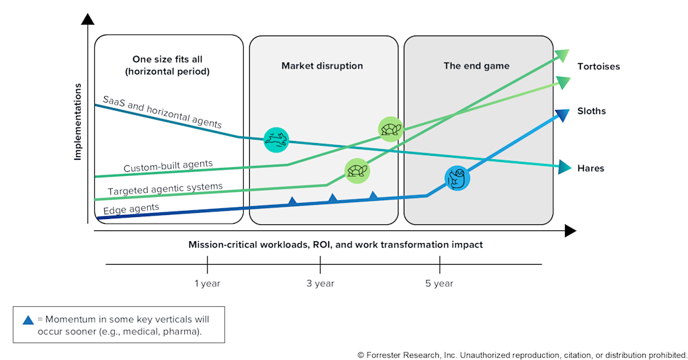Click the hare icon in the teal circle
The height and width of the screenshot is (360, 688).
276,140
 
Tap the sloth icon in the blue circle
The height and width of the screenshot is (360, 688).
457,178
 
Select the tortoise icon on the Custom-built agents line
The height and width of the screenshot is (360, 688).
390,130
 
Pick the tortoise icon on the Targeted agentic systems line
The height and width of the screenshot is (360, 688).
357,171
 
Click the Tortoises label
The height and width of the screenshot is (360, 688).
599,66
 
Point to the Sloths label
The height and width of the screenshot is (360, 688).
591,111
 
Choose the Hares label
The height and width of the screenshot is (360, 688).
591,169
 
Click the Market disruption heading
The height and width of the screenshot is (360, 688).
322,66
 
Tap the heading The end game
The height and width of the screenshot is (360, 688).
476,66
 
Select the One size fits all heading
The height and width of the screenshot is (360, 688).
167,59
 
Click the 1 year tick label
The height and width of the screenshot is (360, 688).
207,283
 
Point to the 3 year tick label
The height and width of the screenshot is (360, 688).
320,283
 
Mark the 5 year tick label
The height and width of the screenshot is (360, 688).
439,283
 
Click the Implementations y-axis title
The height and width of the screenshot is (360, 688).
78,122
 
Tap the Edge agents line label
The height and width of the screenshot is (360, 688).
131,209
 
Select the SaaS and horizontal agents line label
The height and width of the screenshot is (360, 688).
162,111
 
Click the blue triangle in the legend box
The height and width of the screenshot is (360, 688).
28,320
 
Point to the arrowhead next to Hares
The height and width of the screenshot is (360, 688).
564,167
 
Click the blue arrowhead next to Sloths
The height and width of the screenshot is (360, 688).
562,115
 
